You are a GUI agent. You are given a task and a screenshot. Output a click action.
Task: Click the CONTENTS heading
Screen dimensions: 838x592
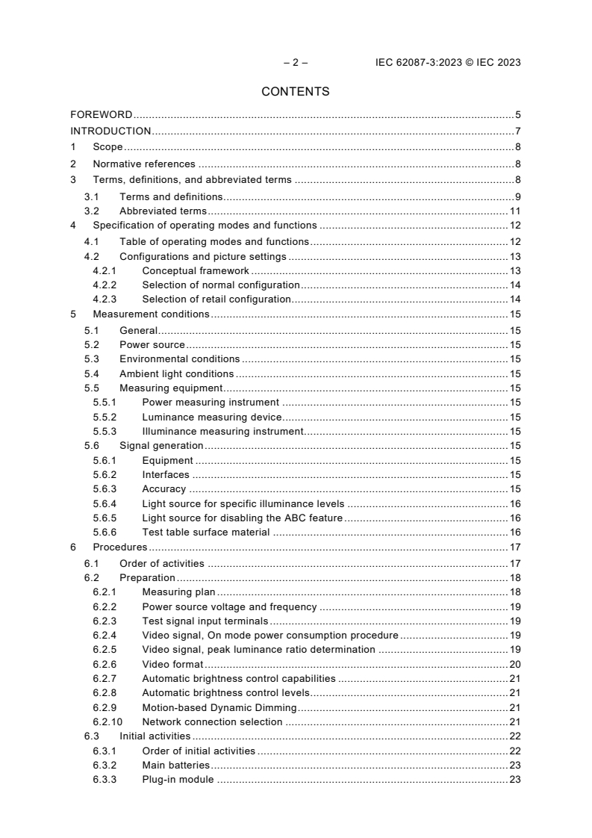click(x=296, y=92)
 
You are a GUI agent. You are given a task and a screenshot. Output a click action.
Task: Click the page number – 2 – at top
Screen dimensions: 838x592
click(x=296, y=63)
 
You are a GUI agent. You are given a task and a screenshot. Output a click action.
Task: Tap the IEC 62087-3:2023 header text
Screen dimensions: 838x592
click(x=448, y=63)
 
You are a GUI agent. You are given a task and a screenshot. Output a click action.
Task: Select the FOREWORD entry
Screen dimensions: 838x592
click(x=102, y=115)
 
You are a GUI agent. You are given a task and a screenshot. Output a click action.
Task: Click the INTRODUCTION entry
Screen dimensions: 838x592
click(x=110, y=131)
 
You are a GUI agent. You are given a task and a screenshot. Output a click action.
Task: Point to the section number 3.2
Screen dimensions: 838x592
click(x=92, y=211)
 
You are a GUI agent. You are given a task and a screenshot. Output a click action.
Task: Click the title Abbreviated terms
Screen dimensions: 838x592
click(x=163, y=211)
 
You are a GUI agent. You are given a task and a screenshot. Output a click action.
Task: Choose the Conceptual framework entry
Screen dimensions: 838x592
click(x=196, y=270)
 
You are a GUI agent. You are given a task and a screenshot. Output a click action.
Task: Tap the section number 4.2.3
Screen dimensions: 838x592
click(x=105, y=299)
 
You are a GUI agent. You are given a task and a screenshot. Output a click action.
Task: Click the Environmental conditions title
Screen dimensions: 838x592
click(x=179, y=359)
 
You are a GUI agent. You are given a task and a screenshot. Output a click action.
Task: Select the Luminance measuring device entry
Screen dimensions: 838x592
click(x=212, y=417)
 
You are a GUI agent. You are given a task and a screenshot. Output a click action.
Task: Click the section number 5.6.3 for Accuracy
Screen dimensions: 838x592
click(x=105, y=489)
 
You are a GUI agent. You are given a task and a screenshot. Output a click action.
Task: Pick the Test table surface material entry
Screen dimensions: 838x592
click(x=205, y=533)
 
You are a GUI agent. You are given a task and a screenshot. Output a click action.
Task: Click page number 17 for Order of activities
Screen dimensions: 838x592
click(x=514, y=563)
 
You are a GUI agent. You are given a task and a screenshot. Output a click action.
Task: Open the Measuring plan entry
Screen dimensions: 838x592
click(x=178, y=592)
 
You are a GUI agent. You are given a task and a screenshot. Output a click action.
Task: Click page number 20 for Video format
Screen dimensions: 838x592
click(x=514, y=664)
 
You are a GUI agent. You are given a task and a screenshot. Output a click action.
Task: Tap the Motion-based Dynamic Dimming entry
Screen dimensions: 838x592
click(x=219, y=707)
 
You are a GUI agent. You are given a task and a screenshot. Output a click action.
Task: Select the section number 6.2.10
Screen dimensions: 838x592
click(x=107, y=722)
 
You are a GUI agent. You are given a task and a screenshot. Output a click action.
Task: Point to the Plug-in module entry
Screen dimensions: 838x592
click(x=178, y=780)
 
